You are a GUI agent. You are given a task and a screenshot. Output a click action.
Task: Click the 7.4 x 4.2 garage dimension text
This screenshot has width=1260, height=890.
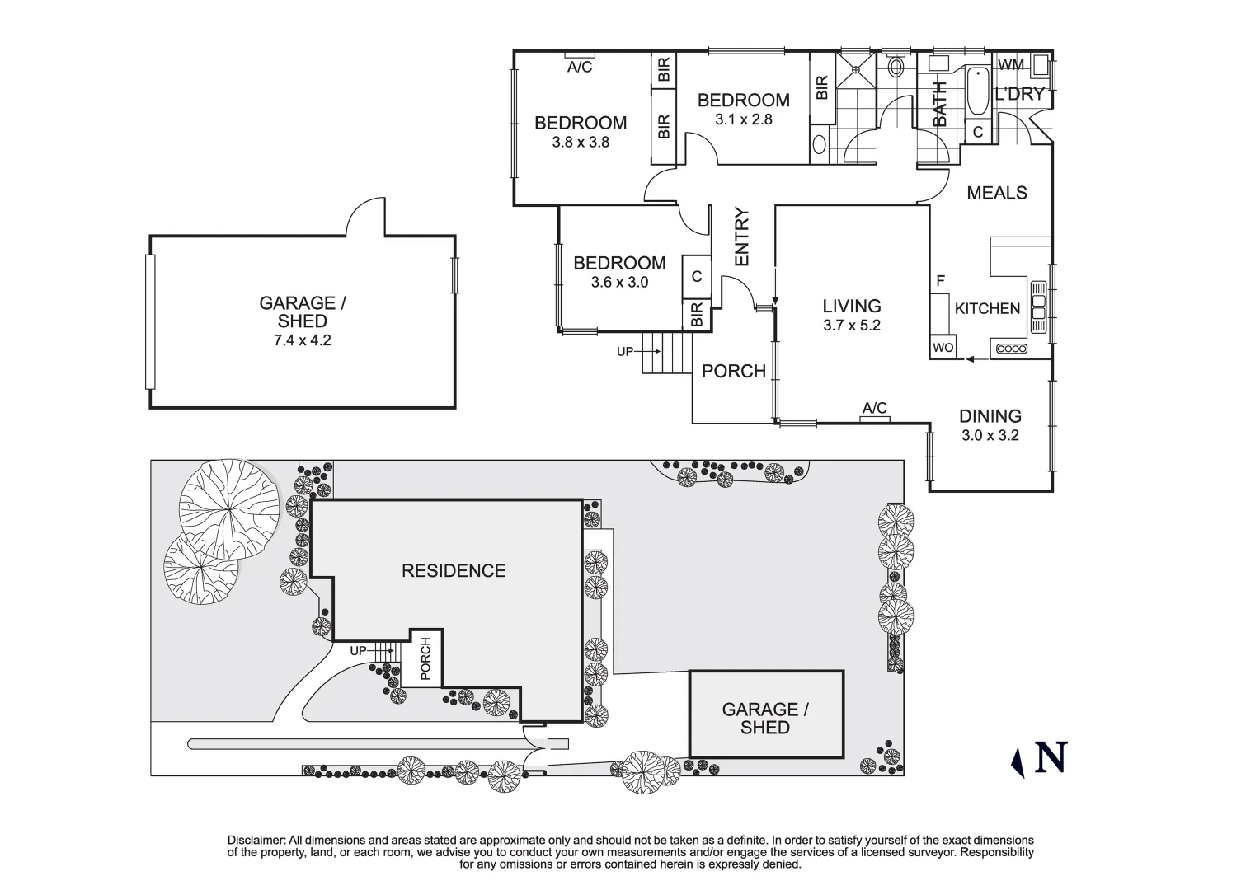[x=302, y=340]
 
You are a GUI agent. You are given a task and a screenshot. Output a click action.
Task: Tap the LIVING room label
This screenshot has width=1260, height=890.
[x=852, y=307]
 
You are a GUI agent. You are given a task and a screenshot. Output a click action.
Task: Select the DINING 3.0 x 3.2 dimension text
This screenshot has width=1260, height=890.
[x=990, y=435]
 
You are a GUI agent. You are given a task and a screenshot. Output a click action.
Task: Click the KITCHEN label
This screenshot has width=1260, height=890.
[x=987, y=309]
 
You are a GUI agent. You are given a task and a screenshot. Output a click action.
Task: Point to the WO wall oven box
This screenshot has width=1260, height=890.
[x=943, y=348]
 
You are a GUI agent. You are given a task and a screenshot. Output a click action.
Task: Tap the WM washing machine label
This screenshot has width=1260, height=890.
[x=1011, y=64]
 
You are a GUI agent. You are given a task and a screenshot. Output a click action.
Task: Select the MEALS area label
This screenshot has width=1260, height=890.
[x=996, y=193]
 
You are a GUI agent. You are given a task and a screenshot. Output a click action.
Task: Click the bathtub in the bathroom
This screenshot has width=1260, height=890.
[x=977, y=91]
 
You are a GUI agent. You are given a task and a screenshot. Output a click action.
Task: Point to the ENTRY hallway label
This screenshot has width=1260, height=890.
[x=740, y=237]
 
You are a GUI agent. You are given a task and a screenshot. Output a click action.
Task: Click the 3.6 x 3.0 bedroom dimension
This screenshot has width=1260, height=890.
[x=619, y=283]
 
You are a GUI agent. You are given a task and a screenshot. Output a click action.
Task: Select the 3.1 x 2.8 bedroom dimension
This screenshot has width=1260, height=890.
[x=743, y=119]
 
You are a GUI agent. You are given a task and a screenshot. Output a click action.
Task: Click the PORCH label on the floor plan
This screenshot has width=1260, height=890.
[x=733, y=372]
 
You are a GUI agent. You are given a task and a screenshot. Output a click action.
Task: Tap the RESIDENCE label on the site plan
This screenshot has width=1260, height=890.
[x=453, y=571]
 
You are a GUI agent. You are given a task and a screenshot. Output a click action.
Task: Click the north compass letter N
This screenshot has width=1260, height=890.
[x=1051, y=758]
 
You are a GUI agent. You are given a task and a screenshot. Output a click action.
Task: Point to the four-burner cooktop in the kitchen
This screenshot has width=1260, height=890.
[x=1011, y=349]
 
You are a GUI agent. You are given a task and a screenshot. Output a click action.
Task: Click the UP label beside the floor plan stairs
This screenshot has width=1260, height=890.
[x=625, y=352]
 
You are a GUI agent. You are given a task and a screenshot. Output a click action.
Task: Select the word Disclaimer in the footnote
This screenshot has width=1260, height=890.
[x=256, y=840]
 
